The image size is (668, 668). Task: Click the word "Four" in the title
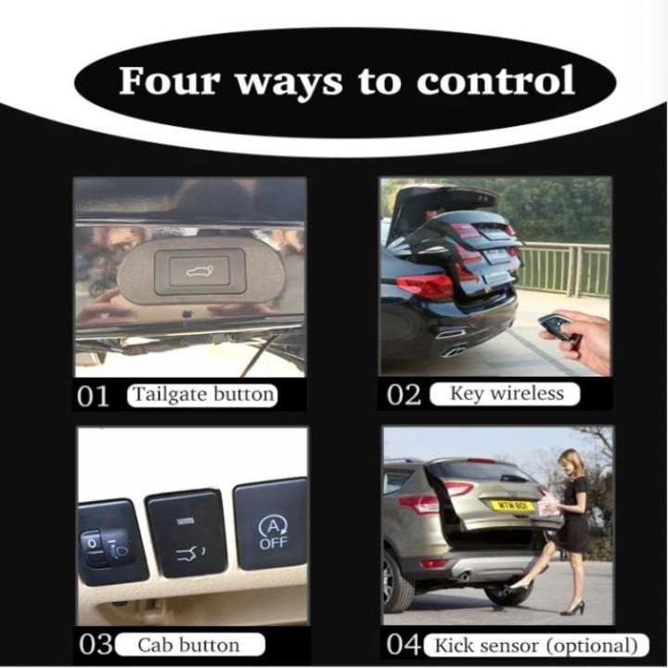(170, 80)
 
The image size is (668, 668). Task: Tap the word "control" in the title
(495, 80)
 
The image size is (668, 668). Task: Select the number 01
(93, 396)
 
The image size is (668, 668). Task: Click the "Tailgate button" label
(202, 395)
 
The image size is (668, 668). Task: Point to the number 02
(404, 395)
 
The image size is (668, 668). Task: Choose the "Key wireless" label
(506, 394)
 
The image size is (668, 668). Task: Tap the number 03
(96, 644)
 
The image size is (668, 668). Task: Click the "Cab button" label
(189, 645)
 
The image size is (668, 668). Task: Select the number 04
(404, 645)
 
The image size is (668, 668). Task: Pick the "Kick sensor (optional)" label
(536, 646)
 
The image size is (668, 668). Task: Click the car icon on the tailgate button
(200, 271)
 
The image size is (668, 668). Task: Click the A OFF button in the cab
(271, 525)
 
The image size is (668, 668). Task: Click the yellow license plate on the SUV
(512, 506)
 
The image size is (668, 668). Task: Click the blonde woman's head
(572, 462)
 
